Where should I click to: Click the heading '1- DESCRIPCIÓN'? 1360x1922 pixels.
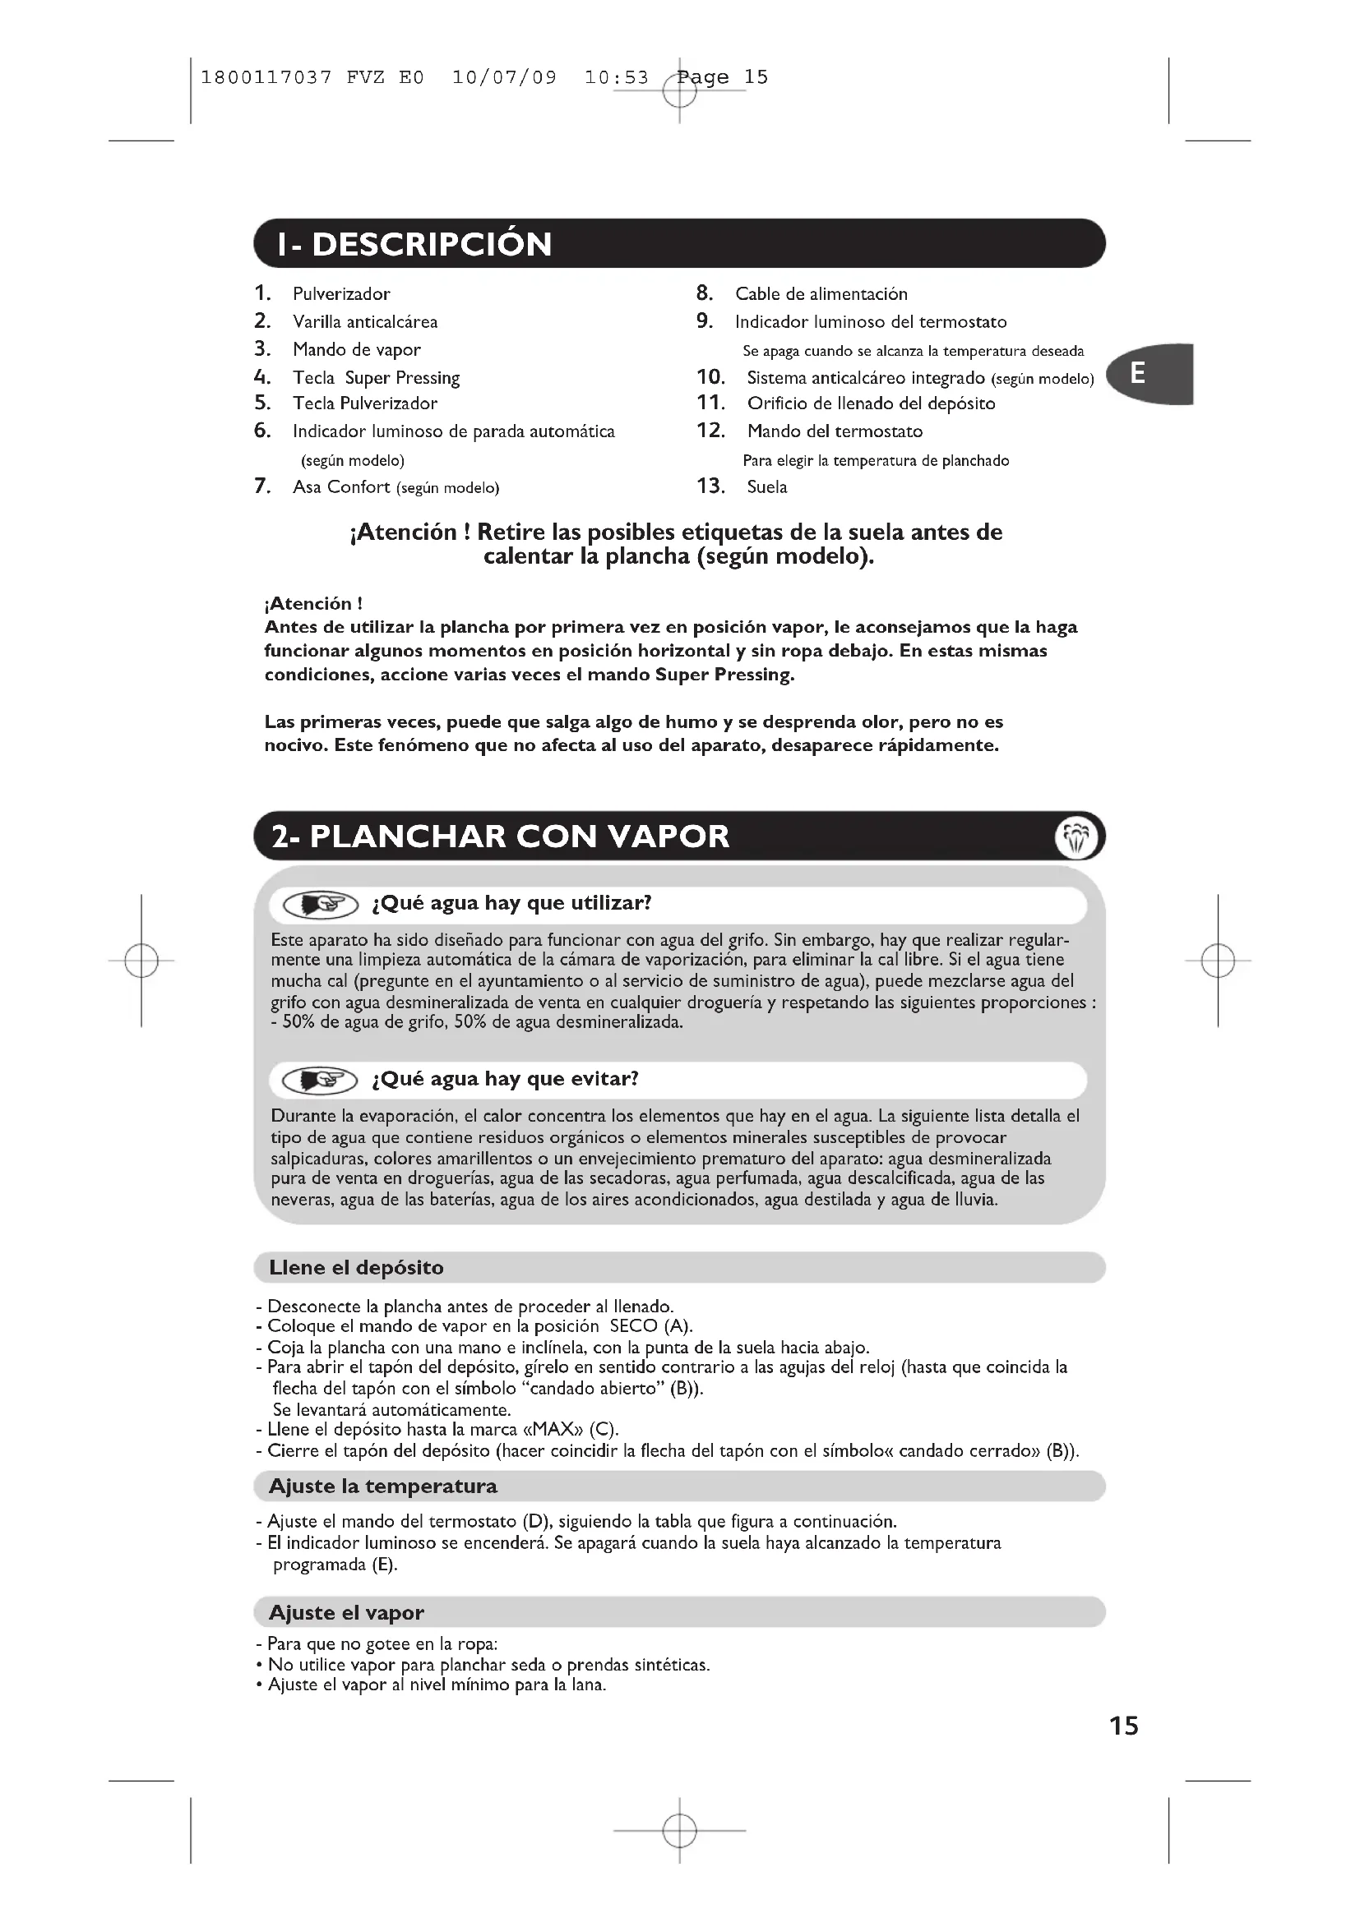[x=415, y=244]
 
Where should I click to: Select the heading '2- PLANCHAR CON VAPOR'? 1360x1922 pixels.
[x=501, y=837]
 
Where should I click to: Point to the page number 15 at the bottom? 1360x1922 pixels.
[x=1124, y=1726]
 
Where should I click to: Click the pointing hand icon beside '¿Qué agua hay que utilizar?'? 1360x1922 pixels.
[x=321, y=905]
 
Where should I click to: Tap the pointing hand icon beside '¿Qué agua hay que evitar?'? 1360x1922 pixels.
[x=321, y=1081]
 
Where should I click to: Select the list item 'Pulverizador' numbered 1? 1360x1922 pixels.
[x=341, y=294]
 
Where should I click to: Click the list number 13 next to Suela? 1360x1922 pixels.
[x=710, y=486]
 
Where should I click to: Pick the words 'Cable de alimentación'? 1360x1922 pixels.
[x=821, y=294]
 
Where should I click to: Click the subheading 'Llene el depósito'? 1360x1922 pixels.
[x=356, y=1267]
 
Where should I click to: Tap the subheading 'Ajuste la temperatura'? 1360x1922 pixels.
[x=382, y=1486]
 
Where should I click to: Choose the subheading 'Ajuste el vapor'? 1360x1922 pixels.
[x=346, y=1612]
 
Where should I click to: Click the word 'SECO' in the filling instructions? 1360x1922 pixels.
[x=633, y=1326]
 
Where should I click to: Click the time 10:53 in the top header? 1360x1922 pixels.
[x=617, y=78]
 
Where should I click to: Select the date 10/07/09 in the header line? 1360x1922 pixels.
[x=504, y=78]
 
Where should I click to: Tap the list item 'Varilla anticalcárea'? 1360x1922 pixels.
[x=364, y=322]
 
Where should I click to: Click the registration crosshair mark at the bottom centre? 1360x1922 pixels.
[x=679, y=1831]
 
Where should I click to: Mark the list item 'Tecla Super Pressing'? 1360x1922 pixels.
[x=376, y=378]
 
